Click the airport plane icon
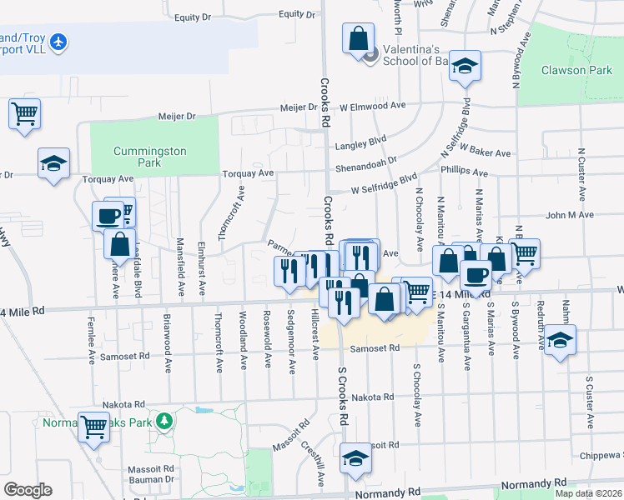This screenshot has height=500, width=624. (58, 41)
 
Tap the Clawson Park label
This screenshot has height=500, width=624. (576, 70)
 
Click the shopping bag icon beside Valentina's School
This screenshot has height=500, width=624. (358, 38)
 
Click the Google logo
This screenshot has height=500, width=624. (28, 490)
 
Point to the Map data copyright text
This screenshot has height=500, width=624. (587, 493)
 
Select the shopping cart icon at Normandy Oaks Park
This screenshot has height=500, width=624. (93, 426)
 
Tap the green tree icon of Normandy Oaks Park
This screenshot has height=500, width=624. (165, 418)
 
